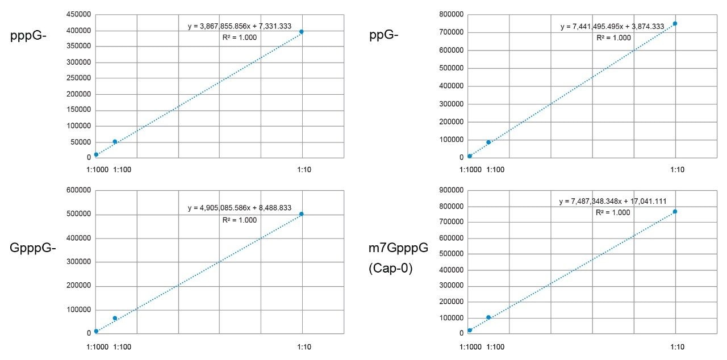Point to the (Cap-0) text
click(390, 267)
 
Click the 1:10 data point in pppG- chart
click(302, 32)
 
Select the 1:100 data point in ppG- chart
click(488, 142)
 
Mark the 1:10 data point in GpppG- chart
click(302, 214)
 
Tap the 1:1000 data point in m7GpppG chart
click(470, 330)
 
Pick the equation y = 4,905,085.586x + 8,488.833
click(239, 208)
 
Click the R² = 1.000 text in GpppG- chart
click(239, 219)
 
